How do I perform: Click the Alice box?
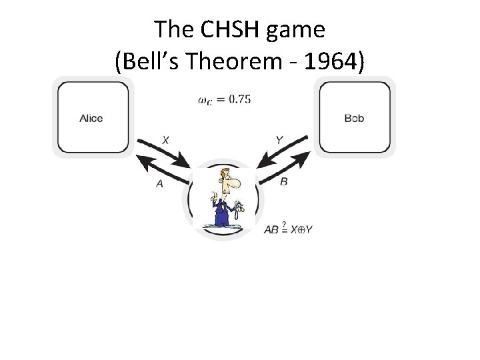click(x=91, y=117)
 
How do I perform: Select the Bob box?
click(x=354, y=117)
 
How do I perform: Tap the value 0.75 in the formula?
click(x=239, y=99)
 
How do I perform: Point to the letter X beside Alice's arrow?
click(x=165, y=140)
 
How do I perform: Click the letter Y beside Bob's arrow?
click(x=279, y=140)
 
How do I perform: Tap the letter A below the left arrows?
click(x=159, y=183)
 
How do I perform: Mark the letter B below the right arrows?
click(x=284, y=181)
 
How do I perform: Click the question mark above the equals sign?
click(x=284, y=224)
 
